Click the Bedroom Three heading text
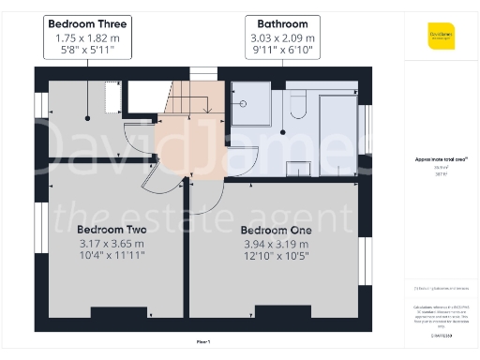tap(89, 23)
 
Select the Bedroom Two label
tap(111, 230)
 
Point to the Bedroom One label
tap(276, 230)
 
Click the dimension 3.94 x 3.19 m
tap(276, 244)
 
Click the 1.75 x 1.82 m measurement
tap(89, 38)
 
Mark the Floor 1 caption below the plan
tap(203, 341)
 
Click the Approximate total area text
tap(441, 160)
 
